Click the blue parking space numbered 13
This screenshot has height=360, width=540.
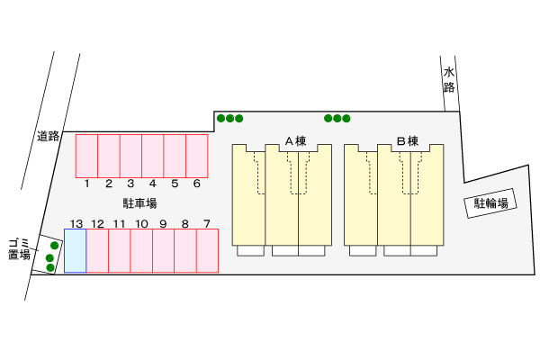(75, 251)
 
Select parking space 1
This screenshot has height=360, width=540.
(86, 156)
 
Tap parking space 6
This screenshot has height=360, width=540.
(196, 156)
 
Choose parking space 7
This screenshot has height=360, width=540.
(207, 251)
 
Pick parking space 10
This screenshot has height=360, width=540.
(141, 251)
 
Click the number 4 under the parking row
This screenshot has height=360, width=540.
(153, 184)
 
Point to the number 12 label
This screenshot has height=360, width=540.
(97, 224)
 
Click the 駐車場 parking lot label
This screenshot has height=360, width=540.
(139, 203)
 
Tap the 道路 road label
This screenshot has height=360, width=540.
(49, 136)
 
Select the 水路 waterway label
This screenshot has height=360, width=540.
(449, 80)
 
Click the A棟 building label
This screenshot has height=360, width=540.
(295, 141)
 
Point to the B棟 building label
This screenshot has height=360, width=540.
(408, 141)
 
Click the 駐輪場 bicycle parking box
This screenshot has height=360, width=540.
(490, 203)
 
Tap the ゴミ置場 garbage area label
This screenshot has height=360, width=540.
(19, 249)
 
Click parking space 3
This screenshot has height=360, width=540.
(130, 156)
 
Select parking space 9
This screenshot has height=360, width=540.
(163, 251)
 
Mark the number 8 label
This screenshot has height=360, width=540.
(184, 224)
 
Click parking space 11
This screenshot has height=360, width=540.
(119, 251)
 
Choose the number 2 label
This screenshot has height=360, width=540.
(109, 184)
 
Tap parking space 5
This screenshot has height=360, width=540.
(175, 156)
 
